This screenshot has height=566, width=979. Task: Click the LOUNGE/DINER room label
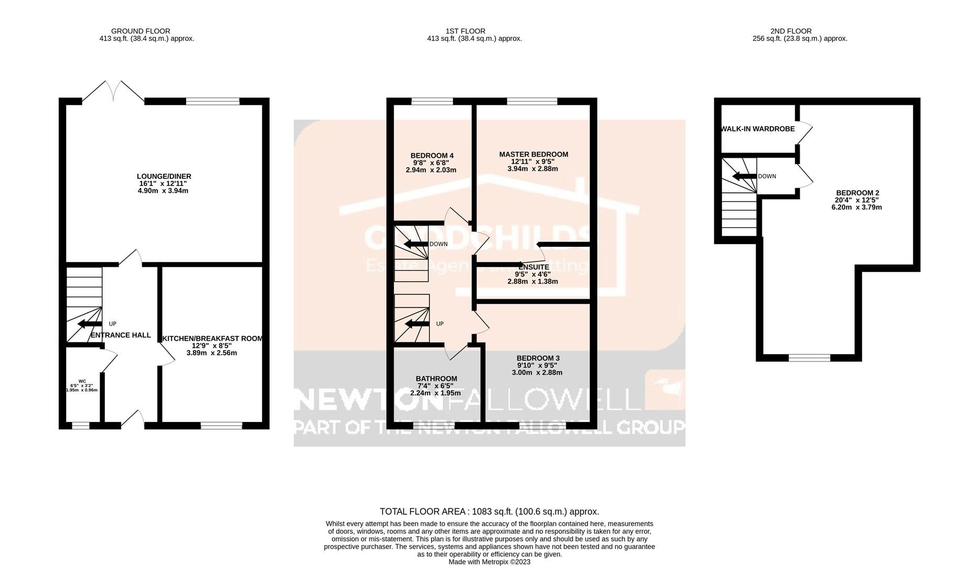164,177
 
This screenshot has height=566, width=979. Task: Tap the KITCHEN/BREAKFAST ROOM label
212,339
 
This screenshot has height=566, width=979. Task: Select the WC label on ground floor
82,382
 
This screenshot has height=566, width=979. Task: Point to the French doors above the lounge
113,91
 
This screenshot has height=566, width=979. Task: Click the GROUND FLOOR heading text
141,31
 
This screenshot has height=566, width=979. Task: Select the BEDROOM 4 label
432,156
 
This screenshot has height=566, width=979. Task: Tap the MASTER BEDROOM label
533,155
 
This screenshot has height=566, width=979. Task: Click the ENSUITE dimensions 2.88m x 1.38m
532,281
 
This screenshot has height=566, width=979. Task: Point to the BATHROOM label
436,379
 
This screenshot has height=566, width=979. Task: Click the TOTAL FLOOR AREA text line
489,511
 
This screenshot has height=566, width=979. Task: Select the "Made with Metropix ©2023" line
489,562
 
